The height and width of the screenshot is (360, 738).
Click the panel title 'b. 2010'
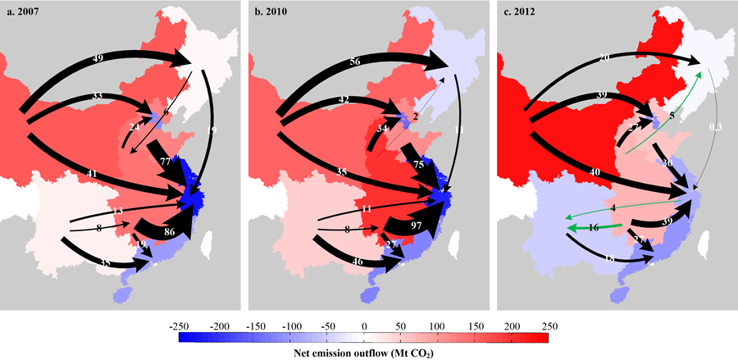(274, 11)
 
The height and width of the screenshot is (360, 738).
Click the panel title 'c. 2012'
(522, 11)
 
